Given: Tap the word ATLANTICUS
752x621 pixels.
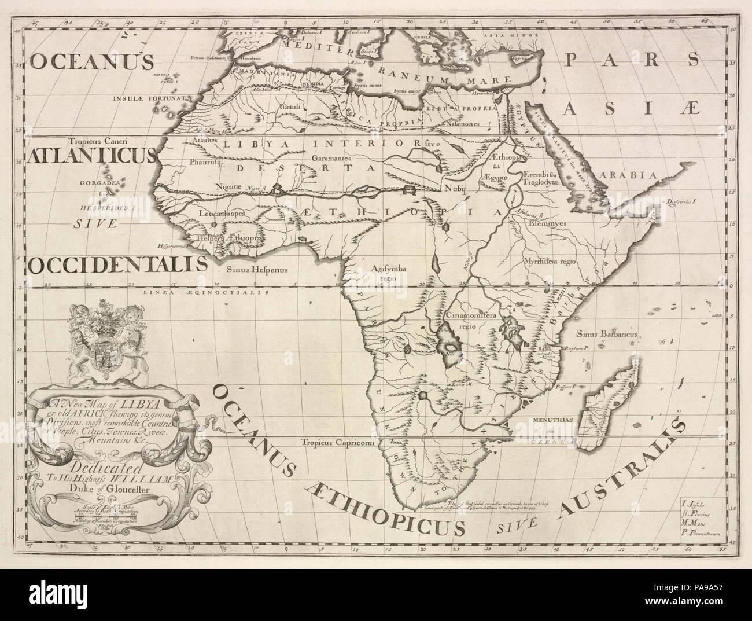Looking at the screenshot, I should tap(90, 156).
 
